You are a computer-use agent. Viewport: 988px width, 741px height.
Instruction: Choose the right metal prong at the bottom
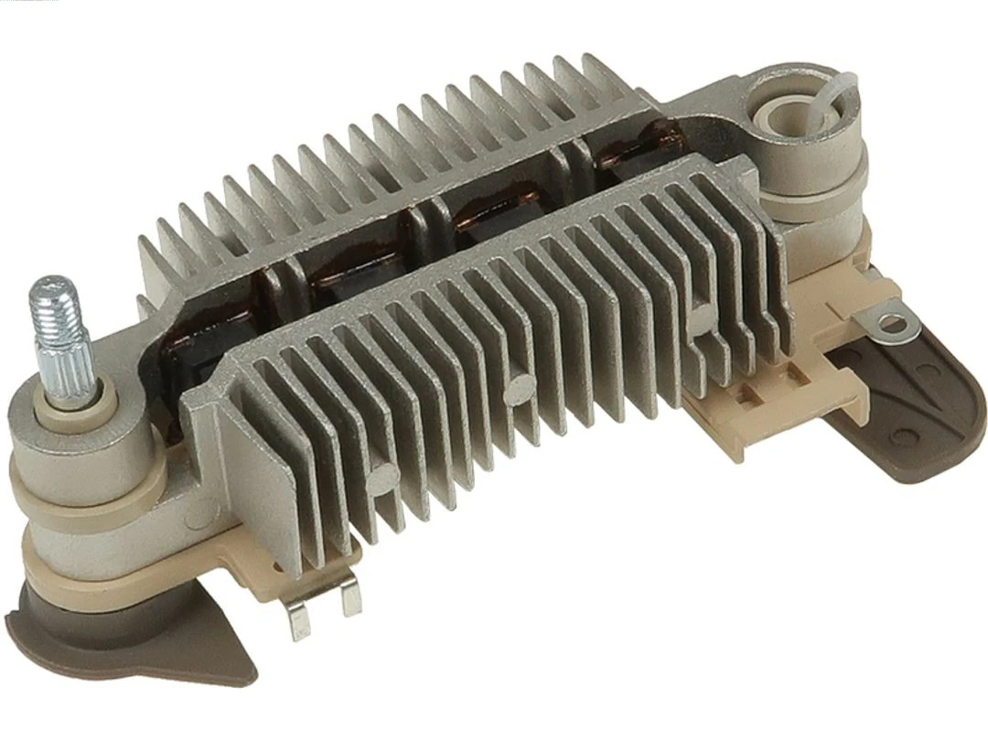(350, 599)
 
